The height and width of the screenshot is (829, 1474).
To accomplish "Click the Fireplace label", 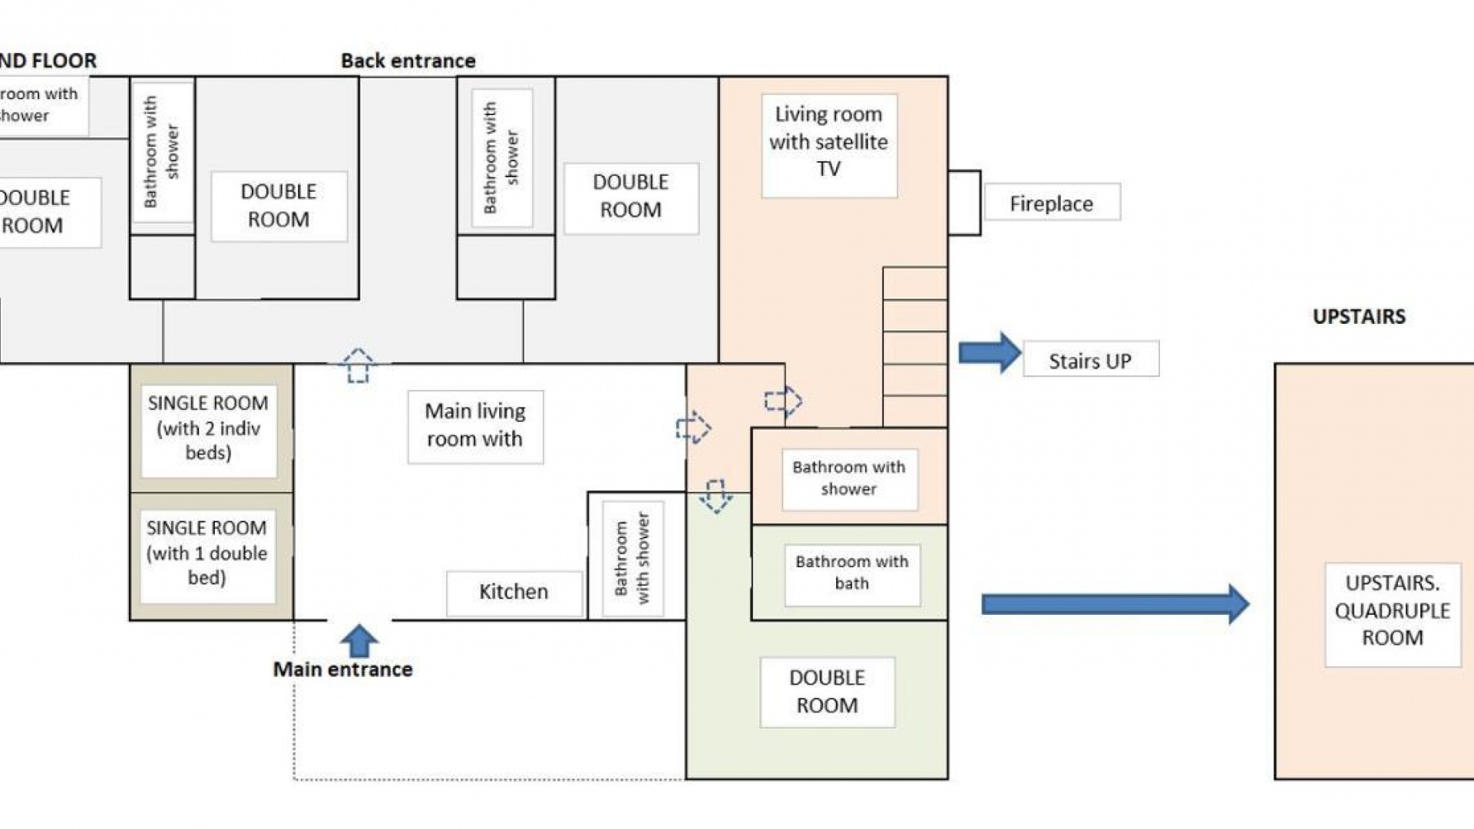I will point(1051,203).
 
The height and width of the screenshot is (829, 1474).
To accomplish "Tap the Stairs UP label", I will point(1090,360).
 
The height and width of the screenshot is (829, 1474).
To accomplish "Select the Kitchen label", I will point(514,592).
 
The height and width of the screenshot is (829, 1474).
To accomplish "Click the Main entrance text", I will point(343,669).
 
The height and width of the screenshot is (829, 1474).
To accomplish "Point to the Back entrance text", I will point(408,61).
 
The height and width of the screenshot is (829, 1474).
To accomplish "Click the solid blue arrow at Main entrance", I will point(359,641).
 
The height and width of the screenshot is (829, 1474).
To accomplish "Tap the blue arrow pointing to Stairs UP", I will point(990,353).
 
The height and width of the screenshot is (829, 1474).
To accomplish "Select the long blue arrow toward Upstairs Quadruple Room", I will point(1114,604).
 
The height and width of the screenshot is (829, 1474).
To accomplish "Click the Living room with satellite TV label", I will point(829,142).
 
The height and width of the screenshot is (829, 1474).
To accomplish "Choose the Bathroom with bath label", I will point(852,573).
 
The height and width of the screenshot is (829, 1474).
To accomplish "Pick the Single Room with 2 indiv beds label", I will point(208,428).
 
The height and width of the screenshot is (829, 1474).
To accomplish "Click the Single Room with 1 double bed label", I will point(207,553).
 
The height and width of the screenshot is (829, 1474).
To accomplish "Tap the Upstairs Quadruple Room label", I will point(1392,611).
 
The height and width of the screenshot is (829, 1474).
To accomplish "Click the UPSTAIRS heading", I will point(1359,316).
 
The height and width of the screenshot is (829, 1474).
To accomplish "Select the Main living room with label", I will point(475,425).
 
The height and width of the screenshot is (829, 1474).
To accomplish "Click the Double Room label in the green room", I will point(827,692).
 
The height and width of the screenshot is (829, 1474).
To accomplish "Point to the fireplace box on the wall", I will point(964,203).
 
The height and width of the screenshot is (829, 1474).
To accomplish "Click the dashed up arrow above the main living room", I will point(358,365).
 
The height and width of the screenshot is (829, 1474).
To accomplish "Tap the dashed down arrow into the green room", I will point(716,496).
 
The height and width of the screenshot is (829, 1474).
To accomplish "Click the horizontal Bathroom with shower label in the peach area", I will point(849,478).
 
